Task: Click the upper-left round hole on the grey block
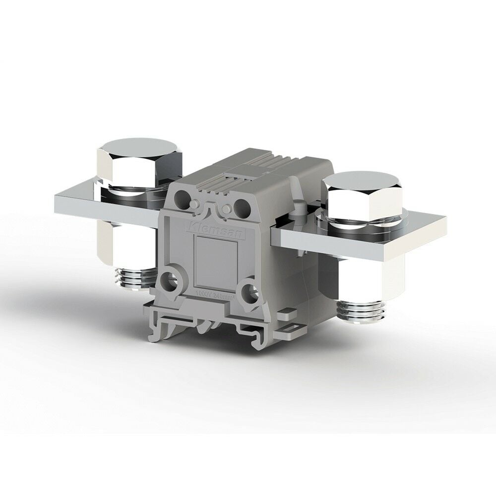pos(184,196)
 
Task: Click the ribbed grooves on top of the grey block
pos(258,169)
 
